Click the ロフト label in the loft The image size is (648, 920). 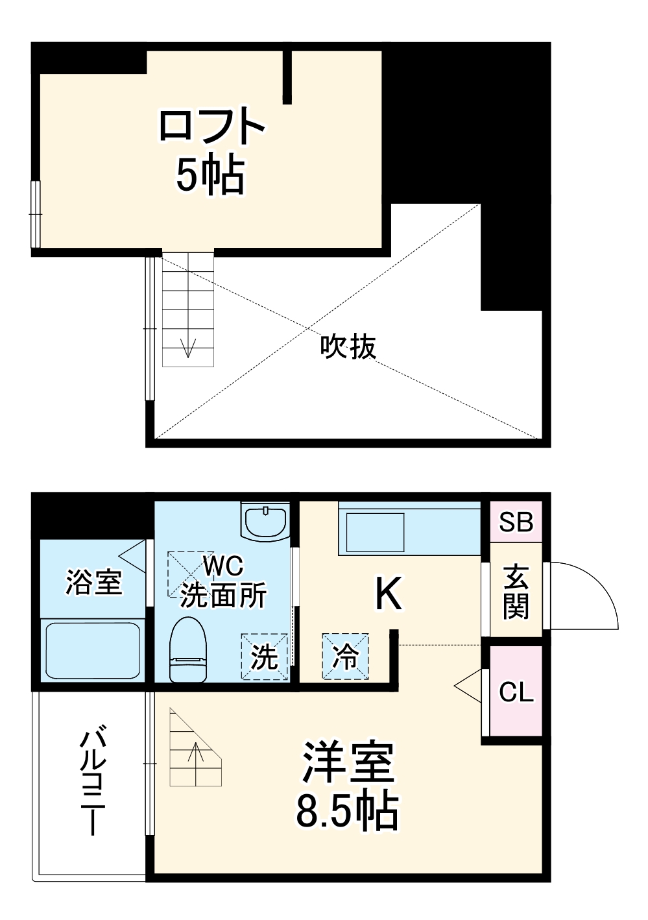[211, 127]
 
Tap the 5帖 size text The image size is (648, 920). [210, 175]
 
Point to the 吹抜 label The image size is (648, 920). [348, 347]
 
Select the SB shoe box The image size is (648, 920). [516, 522]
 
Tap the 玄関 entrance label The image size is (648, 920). [516, 592]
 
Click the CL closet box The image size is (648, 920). [516, 692]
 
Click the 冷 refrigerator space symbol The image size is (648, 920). [345, 657]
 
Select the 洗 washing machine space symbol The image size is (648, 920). [265, 657]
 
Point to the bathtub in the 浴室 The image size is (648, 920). [91, 651]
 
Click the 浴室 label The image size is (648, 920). [94, 582]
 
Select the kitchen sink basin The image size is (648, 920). [375, 532]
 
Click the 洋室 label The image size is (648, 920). [348, 762]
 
